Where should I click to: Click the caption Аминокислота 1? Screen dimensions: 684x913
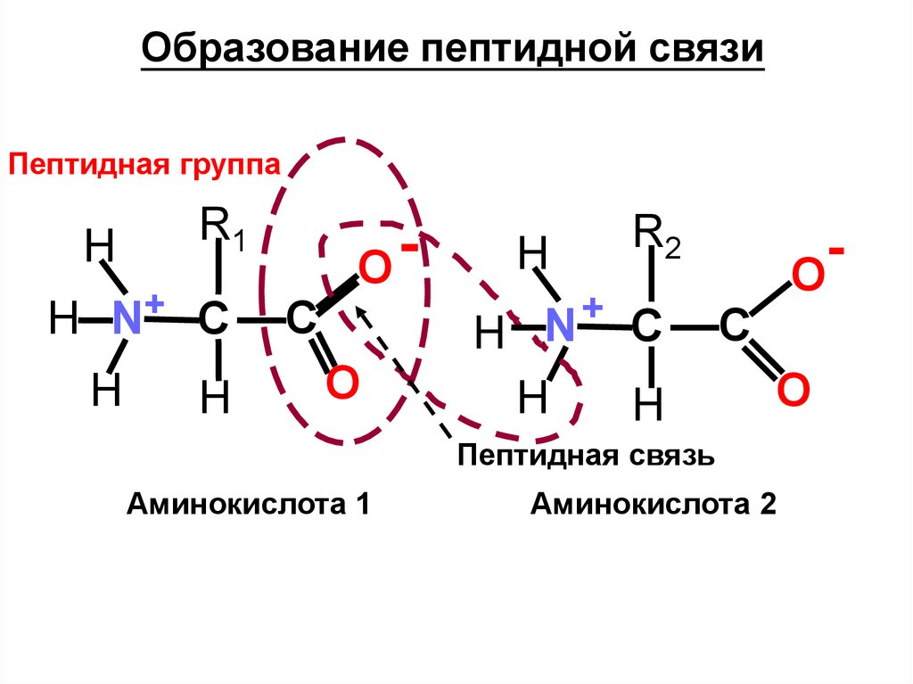click(x=248, y=505)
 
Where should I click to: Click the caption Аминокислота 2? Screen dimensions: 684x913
click(x=654, y=505)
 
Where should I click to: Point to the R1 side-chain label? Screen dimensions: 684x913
click(x=219, y=225)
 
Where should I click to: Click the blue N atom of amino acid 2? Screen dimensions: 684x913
click(x=562, y=326)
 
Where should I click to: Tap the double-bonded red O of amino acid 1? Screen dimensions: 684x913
click(x=341, y=383)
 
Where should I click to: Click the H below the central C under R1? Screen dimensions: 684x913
click(x=215, y=400)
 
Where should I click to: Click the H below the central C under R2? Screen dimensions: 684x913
click(x=648, y=406)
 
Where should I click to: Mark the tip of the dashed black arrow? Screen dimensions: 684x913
click(x=358, y=309)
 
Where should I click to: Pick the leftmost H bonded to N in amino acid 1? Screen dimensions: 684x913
click(x=63, y=319)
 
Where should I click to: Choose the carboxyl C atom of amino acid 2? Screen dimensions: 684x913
click(x=734, y=327)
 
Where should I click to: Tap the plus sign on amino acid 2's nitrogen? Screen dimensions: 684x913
click(x=591, y=309)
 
